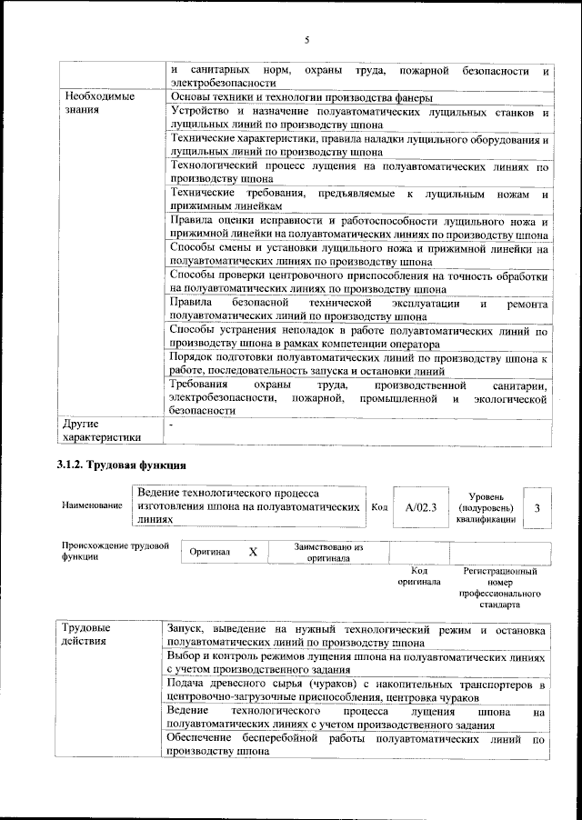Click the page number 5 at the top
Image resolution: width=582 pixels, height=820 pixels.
[307, 40]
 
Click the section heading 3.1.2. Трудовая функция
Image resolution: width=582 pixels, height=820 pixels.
[116, 465]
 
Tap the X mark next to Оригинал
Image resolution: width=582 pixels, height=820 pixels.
[254, 552]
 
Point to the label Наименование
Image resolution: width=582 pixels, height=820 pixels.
[91, 505]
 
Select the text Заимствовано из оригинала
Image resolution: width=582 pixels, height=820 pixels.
[328, 553]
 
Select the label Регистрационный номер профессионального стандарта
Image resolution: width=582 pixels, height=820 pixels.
[500, 587]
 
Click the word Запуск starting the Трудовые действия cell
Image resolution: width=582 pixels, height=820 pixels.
[188, 629]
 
